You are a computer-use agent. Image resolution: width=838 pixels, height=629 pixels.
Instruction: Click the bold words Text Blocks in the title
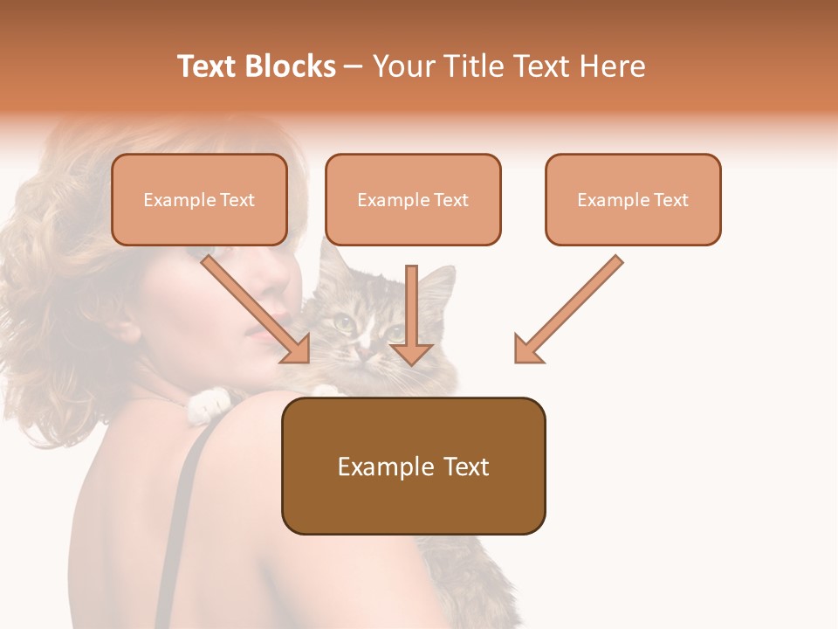tap(257, 66)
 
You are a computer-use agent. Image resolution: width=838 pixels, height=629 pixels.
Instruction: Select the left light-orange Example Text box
tap(199, 199)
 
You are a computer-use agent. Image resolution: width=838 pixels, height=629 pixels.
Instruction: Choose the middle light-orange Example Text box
tap(413, 199)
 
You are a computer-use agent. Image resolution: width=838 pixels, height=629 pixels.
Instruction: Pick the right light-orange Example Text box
tap(633, 199)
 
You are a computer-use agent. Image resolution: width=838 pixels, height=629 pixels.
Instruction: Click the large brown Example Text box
tap(413, 466)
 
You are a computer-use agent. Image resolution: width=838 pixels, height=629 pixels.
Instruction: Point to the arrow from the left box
tap(253, 306)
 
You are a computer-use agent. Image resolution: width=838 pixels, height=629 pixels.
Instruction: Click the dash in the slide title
tap(354, 66)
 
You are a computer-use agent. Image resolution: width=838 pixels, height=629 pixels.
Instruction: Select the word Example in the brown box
tap(378, 467)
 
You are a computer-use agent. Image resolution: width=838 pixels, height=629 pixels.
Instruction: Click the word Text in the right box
tap(670, 200)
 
